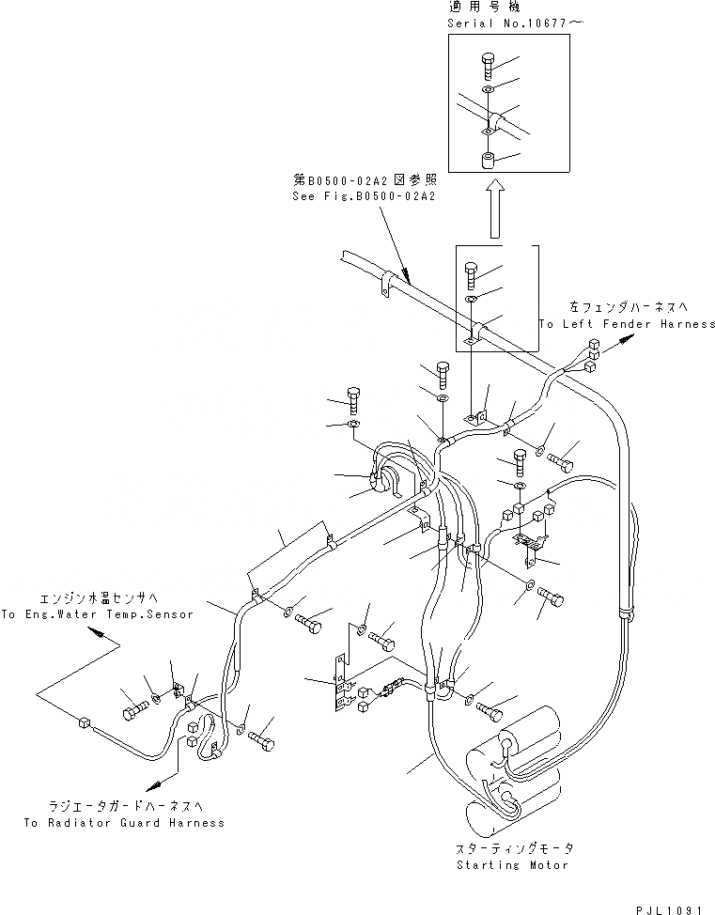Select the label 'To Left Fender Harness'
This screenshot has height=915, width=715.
pos(627,324)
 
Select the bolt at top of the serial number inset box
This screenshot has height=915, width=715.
pos(489,65)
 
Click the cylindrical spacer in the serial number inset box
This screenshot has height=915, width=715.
pos(489,161)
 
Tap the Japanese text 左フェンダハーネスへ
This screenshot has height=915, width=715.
pos(631,307)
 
